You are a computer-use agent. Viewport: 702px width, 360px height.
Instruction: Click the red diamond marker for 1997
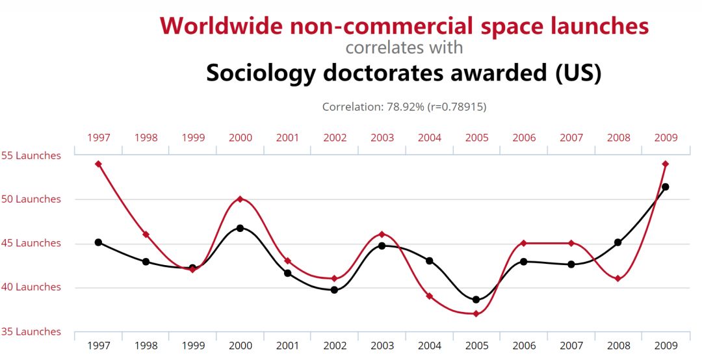point(98,164)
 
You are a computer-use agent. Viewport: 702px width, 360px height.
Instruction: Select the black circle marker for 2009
point(665,187)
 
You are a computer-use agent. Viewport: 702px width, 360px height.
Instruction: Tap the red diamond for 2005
point(476,314)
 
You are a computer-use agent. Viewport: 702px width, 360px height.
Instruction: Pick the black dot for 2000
point(240,228)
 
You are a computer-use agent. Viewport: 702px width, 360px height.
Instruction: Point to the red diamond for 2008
point(617,279)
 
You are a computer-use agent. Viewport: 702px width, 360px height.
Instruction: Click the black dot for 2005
point(476,300)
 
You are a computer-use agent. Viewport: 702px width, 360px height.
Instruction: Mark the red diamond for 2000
point(240,199)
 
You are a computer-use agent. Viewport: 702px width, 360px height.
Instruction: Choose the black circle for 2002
point(334,290)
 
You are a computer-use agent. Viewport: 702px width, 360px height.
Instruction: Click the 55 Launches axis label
point(31,156)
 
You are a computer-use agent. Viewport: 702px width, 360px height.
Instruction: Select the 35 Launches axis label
point(31,331)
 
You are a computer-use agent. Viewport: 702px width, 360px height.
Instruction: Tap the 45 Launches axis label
point(31,244)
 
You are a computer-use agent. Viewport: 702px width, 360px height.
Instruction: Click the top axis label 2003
point(382,138)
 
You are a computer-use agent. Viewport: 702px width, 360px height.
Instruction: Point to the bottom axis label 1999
point(193,346)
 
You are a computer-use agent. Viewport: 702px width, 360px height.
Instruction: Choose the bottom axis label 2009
point(666,346)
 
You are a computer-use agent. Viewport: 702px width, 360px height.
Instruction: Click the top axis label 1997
point(99,138)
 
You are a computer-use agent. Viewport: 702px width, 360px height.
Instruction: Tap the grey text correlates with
point(404,47)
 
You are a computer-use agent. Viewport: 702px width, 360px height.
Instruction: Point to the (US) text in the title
point(578,73)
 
